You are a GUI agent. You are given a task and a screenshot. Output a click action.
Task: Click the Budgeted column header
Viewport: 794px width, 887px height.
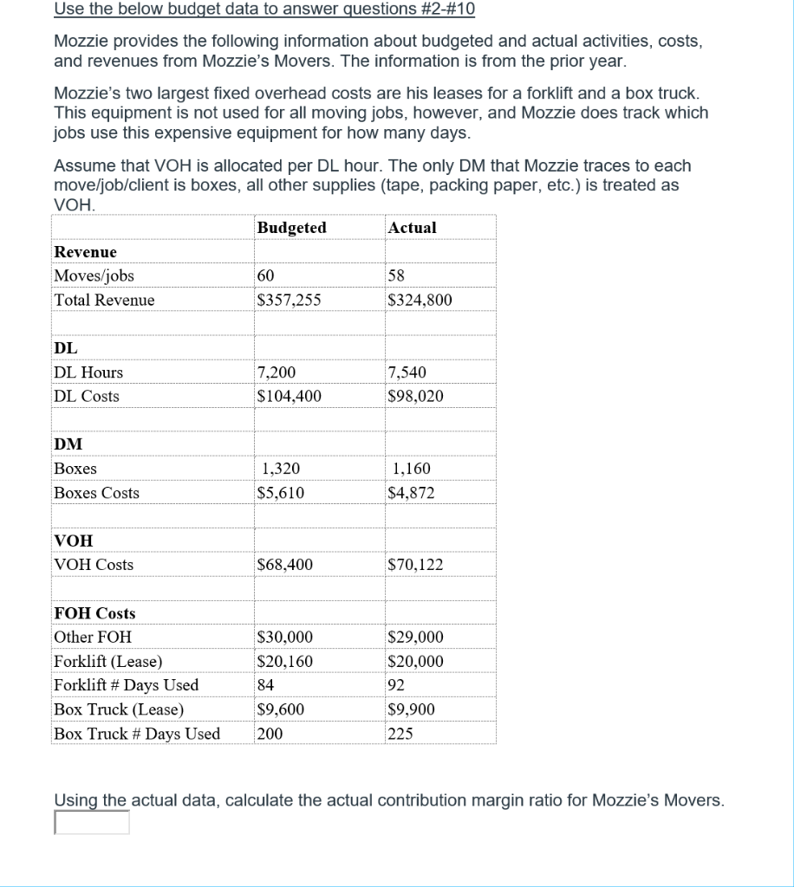[x=292, y=228]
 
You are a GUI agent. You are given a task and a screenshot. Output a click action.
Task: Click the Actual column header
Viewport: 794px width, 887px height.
[x=413, y=228]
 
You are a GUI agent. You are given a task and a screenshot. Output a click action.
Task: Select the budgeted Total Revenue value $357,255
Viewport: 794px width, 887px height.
[x=290, y=301]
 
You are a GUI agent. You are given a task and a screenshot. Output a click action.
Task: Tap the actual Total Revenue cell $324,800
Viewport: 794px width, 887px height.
[x=420, y=301]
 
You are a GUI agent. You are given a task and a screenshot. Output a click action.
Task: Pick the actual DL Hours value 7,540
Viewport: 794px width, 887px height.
[x=407, y=372]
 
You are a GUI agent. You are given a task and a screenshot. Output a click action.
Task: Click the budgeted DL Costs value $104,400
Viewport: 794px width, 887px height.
[x=290, y=397]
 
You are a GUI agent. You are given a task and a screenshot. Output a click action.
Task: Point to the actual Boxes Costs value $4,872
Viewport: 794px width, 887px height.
[x=413, y=493]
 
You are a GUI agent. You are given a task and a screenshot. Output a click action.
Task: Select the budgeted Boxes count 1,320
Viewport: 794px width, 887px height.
[x=281, y=469]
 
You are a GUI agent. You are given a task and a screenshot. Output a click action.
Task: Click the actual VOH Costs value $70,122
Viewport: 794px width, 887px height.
[x=416, y=565]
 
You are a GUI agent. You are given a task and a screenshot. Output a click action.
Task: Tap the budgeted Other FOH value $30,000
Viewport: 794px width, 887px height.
[x=285, y=638]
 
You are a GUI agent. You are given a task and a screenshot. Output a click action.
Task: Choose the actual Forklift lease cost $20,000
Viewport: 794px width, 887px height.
[x=416, y=662]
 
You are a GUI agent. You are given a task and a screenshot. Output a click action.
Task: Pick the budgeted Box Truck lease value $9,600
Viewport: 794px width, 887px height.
[x=282, y=709]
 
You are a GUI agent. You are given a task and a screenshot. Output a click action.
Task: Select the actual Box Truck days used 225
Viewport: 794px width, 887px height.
[x=401, y=734]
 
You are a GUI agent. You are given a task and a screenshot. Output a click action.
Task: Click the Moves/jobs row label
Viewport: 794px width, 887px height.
[x=94, y=275]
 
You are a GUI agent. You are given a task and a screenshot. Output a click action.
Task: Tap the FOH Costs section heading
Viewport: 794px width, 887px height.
[x=94, y=613]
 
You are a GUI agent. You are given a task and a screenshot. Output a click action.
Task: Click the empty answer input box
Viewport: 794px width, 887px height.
[x=92, y=822]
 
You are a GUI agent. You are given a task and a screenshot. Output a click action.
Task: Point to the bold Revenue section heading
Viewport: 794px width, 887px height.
[x=85, y=252]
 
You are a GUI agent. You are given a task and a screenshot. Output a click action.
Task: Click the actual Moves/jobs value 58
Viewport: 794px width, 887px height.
[x=398, y=275]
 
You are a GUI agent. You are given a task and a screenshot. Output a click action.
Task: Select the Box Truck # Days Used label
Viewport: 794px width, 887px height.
[x=137, y=734]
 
